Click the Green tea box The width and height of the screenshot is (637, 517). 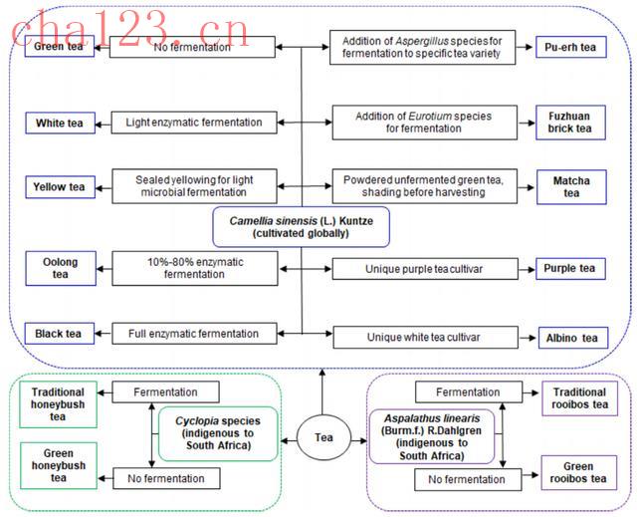point(60,47)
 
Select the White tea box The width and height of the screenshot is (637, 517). point(60,124)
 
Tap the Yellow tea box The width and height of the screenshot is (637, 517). point(60,186)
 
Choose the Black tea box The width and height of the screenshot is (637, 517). point(60,334)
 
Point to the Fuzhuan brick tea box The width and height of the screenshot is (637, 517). point(570,122)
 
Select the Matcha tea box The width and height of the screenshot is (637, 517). point(570,186)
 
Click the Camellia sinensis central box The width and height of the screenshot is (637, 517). point(300,226)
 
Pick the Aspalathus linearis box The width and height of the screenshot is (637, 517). point(432,436)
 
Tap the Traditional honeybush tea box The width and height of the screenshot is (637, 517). point(59,404)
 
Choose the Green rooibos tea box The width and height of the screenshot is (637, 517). point(579,473)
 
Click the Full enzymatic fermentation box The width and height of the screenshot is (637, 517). point(193,334)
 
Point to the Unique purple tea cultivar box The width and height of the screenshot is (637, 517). point(422,269)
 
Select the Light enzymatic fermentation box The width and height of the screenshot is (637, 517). point(193,124)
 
